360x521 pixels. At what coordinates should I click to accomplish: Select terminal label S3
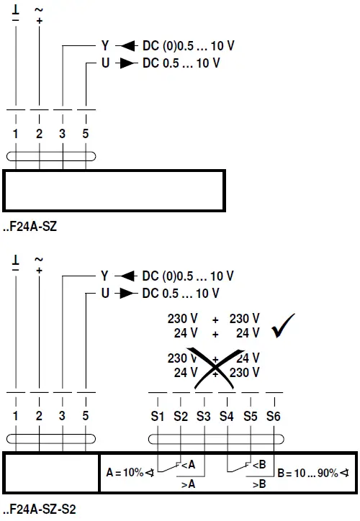pos(204,416)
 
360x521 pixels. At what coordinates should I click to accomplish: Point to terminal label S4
pos(227,416)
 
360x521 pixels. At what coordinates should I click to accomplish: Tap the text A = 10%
pos(124,473)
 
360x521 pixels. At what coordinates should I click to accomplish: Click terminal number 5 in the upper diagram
pos(86,134)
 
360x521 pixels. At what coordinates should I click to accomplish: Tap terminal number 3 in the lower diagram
pos(63,416)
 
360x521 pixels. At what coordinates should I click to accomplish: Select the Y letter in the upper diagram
pos(104,46)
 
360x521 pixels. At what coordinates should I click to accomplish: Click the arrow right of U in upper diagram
pos(127,63)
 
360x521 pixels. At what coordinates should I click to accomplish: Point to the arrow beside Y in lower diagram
pos(126,276)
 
